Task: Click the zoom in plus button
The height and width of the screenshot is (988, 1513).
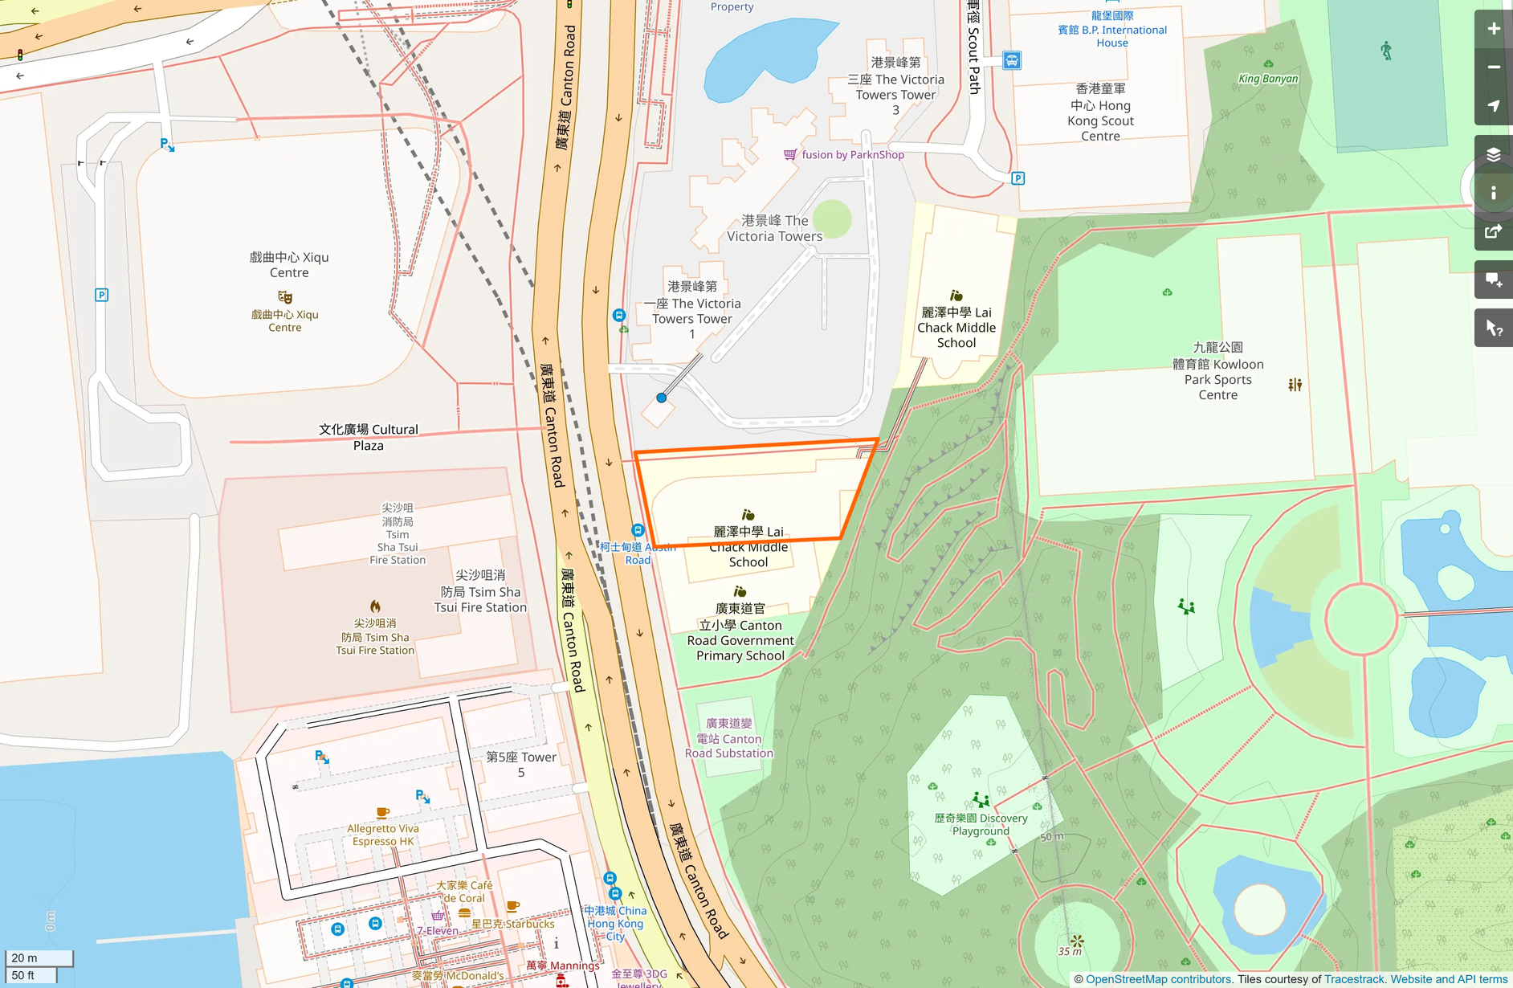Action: tap(1493, 29)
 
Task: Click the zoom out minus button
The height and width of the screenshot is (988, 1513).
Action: tap(1493, 67)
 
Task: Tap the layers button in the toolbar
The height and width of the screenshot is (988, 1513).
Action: tap(1493, 154)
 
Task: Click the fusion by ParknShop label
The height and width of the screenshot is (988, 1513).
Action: tap(852, 155)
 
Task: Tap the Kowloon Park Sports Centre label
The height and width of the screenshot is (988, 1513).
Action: tap(1217, 371)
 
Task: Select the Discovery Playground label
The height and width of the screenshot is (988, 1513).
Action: tap(981, 824)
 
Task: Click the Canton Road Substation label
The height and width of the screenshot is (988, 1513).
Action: tap(728, 738)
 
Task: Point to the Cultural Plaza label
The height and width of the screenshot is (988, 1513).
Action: tap(369, 437)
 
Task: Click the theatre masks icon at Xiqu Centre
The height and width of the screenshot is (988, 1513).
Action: tap(285, 297)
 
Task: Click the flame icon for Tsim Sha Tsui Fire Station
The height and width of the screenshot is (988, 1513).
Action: tap(375, 606)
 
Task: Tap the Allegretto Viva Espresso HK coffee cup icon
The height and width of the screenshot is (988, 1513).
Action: tap(383, 812)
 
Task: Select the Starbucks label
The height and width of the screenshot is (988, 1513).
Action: tap(512, 924)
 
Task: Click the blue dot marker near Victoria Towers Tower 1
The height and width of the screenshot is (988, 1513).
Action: tap(661, 398)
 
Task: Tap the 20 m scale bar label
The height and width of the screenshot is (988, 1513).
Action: tap(25, 957)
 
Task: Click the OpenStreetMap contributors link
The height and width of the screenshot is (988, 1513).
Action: tap(1158, 979)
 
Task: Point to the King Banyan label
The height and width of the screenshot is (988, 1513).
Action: tap(1267, 79)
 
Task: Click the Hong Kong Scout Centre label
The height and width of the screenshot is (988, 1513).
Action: tap(1100, 112)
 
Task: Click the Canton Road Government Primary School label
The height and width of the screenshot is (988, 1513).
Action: tap(740, 632)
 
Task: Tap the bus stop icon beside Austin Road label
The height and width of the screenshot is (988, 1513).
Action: tap(638, 530)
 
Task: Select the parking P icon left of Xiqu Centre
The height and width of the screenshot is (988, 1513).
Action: tap(102, 295)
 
